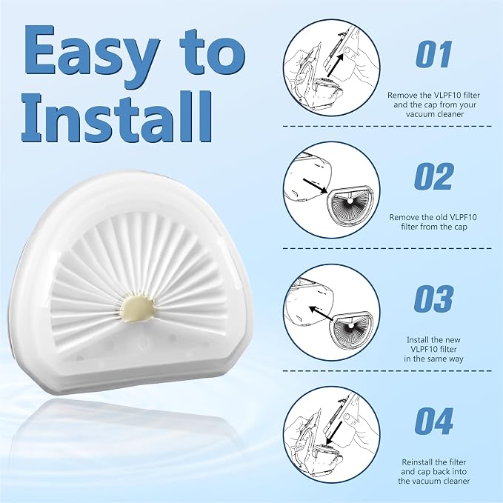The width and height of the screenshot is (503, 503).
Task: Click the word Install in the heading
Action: click(x=117, y=117)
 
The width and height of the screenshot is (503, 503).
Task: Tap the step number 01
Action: click(x=433, y=54)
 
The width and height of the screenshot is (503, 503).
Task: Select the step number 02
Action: click(x=433, y=176)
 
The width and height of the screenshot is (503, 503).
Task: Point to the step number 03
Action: click(x=433, y=299)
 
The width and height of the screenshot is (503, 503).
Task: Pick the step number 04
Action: click(x=433, y=421)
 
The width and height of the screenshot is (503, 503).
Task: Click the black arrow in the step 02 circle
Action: click(x=315, y=186)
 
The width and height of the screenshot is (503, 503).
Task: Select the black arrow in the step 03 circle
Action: click(x=321, y=314)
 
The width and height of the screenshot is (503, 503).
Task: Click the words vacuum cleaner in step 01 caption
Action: click(x=435, y=114)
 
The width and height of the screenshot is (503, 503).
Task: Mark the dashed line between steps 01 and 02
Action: click(x=387, y=127)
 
